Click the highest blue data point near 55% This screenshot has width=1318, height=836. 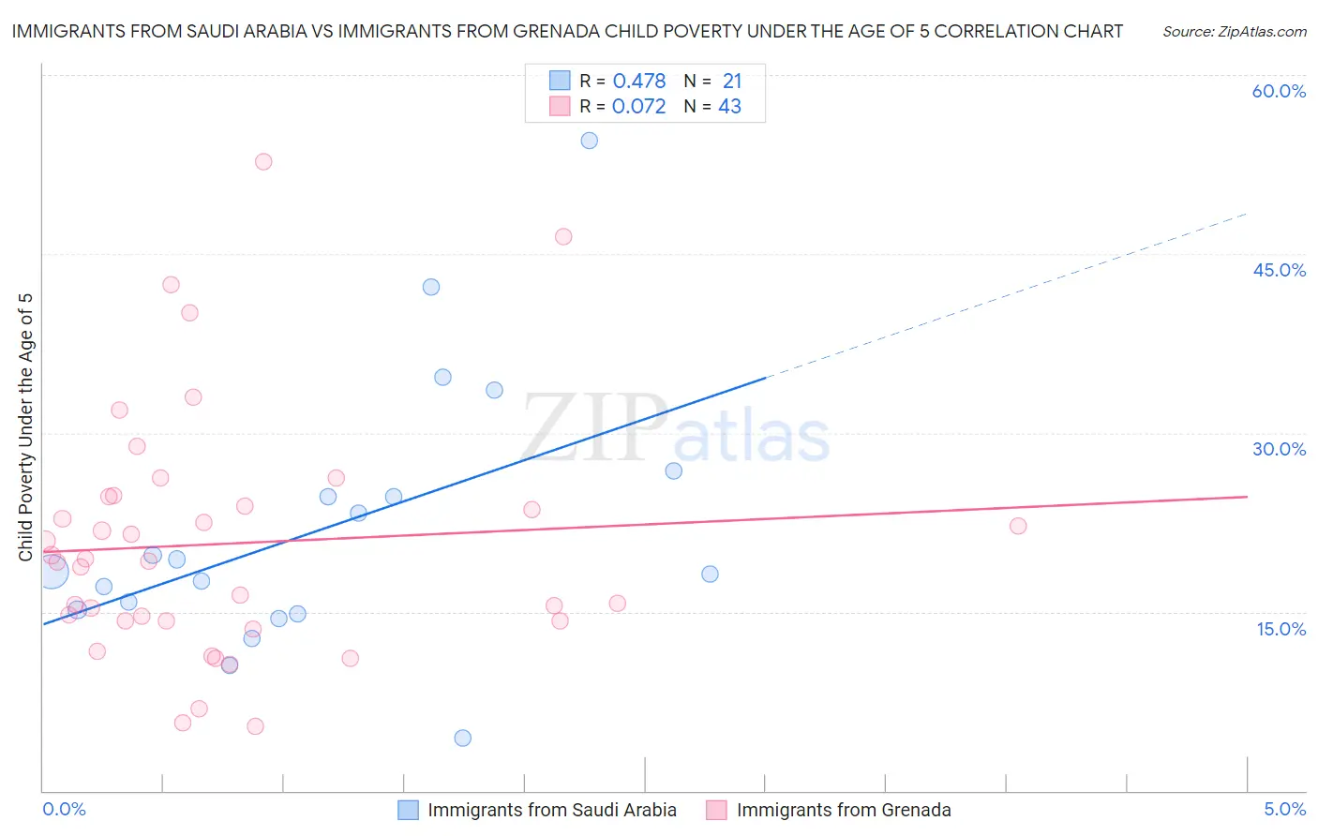[589, 141]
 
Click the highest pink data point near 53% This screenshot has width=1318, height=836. [263, 161]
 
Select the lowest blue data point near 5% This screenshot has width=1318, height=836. [462, 738]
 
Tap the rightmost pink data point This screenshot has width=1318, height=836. [1018, 526]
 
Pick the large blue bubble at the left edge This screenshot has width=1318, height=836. [52, 571]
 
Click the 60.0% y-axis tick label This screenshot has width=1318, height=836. [1279, 91]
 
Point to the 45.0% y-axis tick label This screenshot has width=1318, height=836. [1279, 270]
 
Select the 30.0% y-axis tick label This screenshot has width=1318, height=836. [1279, 449]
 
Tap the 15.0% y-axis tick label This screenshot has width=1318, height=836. [1281, 629]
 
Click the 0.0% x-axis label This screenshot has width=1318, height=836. [64, 810]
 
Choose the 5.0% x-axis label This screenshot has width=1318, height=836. [1284, 810]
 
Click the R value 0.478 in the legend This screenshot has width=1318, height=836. [638, 82]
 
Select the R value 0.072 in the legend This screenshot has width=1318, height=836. [638, 107]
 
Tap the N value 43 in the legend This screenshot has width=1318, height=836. [729, 107]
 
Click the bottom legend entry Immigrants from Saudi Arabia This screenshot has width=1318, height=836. [551, 810]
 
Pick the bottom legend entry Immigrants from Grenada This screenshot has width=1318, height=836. [843, 810]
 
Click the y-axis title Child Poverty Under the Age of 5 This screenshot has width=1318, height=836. [25, 427]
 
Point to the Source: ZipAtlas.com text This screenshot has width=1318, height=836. [1234, 32]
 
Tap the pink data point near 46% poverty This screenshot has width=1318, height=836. [562, 236]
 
